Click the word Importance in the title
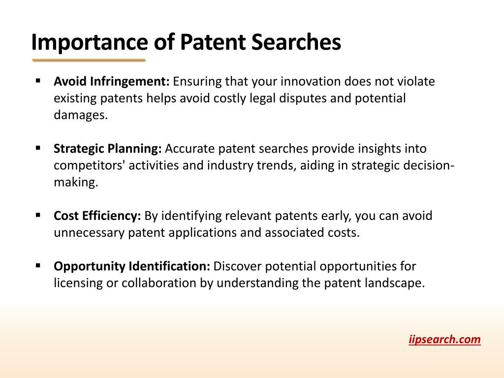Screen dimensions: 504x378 pos(90,43)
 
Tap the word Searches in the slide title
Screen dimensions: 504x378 pos(296,42)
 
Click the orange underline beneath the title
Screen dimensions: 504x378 pos(89,60)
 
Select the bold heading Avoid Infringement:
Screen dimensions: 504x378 pos(112,82)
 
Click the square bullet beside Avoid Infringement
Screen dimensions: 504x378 pos(38,81)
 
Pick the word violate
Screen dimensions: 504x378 pos(416,81)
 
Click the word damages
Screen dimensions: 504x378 pos(81,115)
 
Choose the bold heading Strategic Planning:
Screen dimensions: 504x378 pos(108,149)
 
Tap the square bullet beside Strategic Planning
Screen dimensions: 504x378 pos(38,148)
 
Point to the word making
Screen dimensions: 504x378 pos(76,183)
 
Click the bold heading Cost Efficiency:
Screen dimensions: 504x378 pos(97,216)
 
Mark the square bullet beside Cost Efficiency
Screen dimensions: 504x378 pos(38,215)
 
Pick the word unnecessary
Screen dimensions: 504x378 pos(89,233)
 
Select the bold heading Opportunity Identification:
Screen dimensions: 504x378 pos(132,266)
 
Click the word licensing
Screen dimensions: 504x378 pos(78,283)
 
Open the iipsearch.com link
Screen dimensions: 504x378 pos(444,340)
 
